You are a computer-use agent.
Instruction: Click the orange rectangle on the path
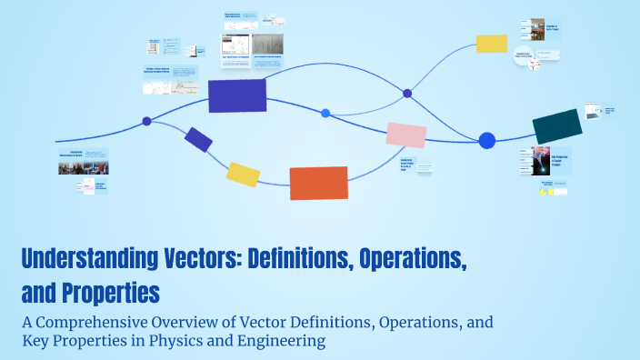click(x=318, y=183)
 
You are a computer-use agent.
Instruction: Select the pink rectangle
click(x=405, y=135)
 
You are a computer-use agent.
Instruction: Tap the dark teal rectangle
click(x=556, y=126)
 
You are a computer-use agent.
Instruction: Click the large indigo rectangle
click(x=237, y=95)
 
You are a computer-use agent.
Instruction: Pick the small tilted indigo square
click(x=198, y=139)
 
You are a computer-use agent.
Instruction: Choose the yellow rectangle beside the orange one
click(x=243, y=174)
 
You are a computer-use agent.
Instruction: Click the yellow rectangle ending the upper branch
click(x=491, y=44)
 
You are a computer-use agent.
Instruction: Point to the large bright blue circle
click(x=487, y=140)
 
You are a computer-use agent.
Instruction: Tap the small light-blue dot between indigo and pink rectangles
click(x=325, y=113)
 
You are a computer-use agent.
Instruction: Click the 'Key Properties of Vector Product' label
click(x=563, y=161)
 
